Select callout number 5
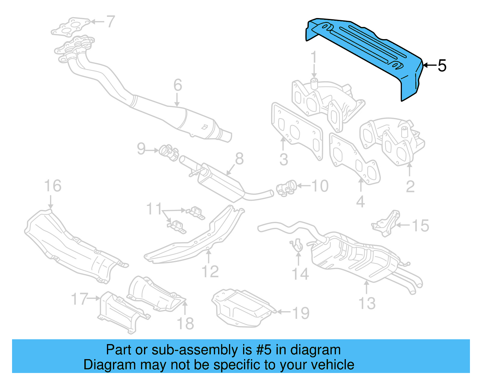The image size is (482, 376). tap(442, 66)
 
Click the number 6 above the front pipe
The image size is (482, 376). tap(178, 85)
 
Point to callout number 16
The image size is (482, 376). tap(53, 186)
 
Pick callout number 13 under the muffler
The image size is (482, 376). tap(367, 303)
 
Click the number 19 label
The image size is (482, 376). tap(301, 313)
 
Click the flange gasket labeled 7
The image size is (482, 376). tap(71, 26)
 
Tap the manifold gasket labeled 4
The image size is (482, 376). tap(354, 160)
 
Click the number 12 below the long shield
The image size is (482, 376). tap(210, 272)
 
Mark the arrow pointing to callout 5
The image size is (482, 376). tap(429, 65)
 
